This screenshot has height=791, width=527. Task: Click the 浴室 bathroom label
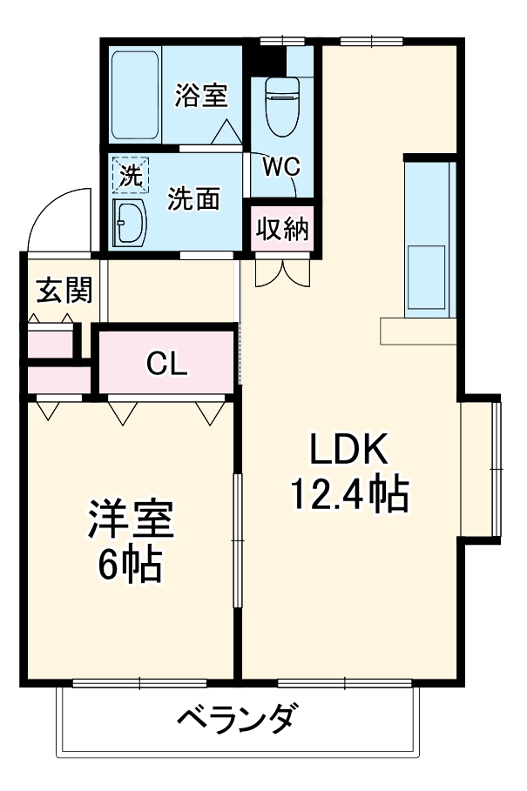(x=200, y=95)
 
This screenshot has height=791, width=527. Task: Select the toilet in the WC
(x=282, y=106)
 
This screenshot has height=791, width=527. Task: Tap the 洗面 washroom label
(x=193, y=199)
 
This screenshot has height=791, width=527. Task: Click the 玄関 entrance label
(x=63, y=291)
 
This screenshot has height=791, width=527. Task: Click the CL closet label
(x=166, y=364)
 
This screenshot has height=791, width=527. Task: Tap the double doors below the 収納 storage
(x=281, y=272)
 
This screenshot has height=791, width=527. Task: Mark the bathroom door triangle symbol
(x=227, y=135)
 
